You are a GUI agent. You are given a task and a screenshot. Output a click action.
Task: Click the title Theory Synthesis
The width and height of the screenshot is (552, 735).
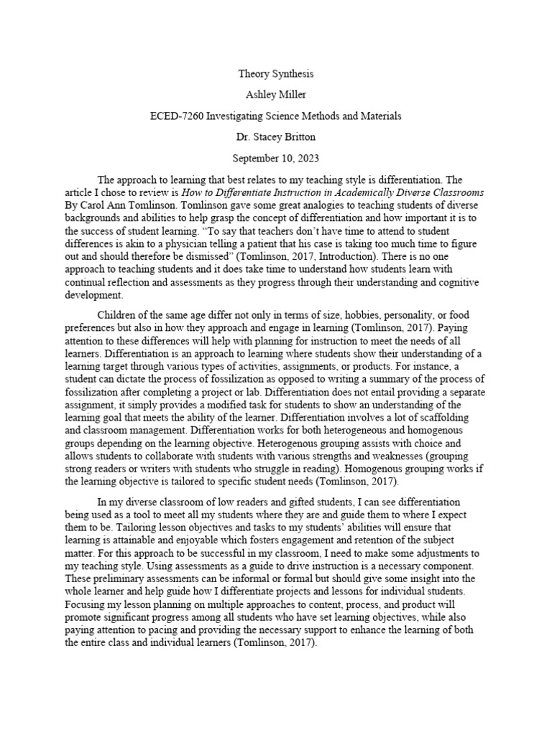pyautogui.click(x=275, y=73)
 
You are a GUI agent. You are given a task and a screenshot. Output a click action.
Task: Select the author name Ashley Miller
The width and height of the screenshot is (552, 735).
pyautogui.click(x=275, y=94)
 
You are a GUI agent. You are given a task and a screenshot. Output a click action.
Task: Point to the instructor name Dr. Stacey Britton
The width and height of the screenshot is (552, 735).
pyautogui.click(x=275, y=136)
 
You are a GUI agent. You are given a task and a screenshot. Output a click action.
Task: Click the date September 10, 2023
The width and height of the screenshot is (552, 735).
pyautogui.click(x=275, y=158)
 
